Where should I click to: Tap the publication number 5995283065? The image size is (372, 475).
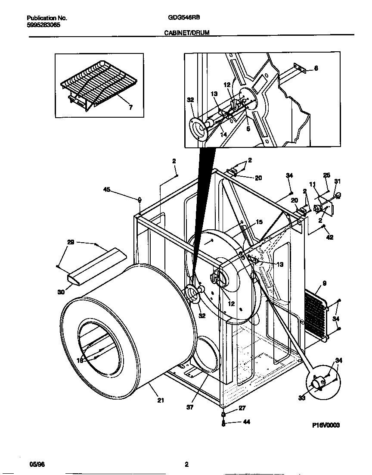(43, 25)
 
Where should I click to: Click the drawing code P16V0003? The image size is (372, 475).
(326, 425)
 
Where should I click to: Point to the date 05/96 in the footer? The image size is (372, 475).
(37, 464)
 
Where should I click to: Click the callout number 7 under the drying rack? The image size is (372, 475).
(131, 108)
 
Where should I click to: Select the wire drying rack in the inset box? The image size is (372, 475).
(99, 83)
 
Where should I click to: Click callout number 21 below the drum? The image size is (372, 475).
(161, 400)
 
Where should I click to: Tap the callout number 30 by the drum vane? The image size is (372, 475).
(61, 292)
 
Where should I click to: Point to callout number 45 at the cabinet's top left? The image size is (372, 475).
(107, 189)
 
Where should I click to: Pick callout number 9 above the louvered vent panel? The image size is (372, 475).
(324, 284)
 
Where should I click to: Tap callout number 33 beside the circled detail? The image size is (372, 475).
(301, 398)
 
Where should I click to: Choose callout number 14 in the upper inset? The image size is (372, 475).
(223, 135)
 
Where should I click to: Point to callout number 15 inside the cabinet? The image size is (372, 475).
(259, 222)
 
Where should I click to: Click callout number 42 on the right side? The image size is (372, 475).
(330, 237)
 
